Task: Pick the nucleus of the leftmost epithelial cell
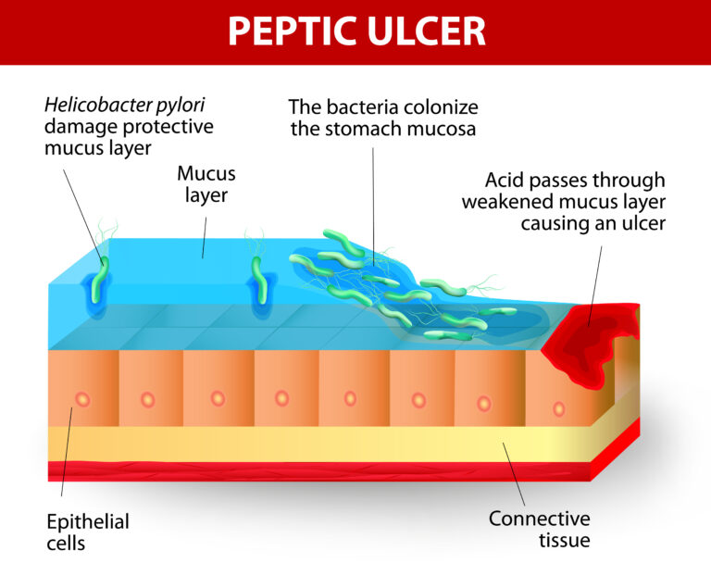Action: point(82,399)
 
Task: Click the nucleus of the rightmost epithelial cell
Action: point(558,407)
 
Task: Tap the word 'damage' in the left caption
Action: point(77,126)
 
